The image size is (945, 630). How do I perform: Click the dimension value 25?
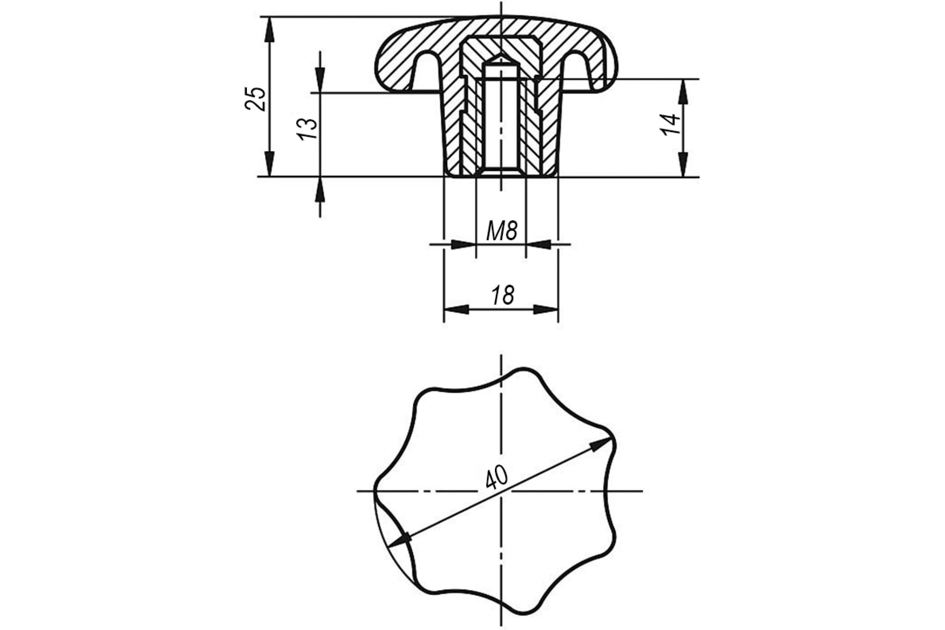pyautogui.click(x=256, y=99)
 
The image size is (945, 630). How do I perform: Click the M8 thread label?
pyautogui.click(x=501, y=231)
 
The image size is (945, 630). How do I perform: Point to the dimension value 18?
pyautogui.click(x=502, y=295)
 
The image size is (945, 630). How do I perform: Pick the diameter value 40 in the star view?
pyautogui.click(x=497, y=477)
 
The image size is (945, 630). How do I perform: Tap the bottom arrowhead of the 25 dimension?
pyautogui.click(x=270, y=164)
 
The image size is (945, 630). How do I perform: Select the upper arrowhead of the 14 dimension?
pyautogui.click(x=683, y=92)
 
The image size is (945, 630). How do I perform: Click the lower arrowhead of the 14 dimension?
pyautogui.click(x=683, y=164)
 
